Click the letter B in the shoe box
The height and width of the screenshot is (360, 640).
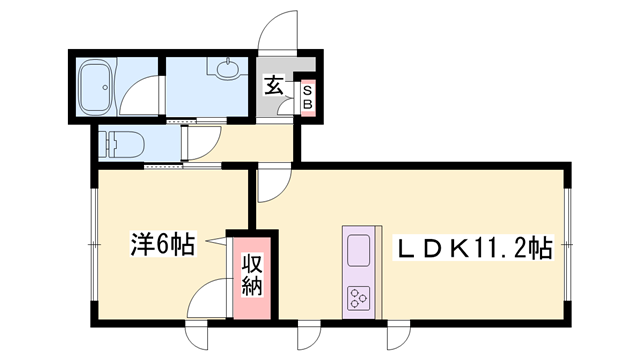coord(307,103)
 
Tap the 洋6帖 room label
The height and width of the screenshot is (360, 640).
coord(163,243)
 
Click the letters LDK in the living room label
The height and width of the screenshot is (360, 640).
coord(432,246)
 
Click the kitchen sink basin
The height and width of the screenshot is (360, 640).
coord(358,250)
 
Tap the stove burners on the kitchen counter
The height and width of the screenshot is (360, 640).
coord(358,296)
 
